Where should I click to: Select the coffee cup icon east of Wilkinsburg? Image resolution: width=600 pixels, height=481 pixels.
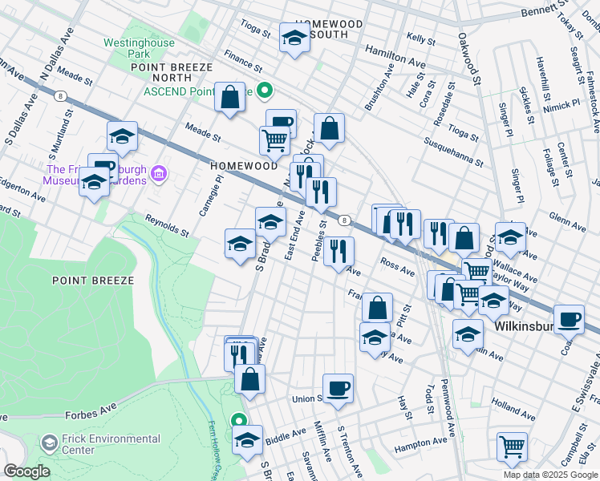(x=569, y=319)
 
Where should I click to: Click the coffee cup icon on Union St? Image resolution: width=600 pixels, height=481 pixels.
(x=338, y=388)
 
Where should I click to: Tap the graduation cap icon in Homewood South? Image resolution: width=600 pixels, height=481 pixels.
(x=294, y=38)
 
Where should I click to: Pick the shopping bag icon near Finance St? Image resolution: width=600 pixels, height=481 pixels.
(x=229, y=98)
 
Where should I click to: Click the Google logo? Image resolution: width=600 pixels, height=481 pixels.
(x=26, y=471)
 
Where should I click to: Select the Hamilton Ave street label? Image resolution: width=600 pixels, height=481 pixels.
(x=395, y=55)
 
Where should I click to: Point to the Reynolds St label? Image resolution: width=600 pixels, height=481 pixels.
(x=166, y=225)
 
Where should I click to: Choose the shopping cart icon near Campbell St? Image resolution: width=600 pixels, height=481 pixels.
(x=511, y=447)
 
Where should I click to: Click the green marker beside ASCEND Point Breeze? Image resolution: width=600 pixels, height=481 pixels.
(x=261, y=91)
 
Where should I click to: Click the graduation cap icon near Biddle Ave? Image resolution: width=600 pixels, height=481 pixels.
(x=247, y=439)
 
